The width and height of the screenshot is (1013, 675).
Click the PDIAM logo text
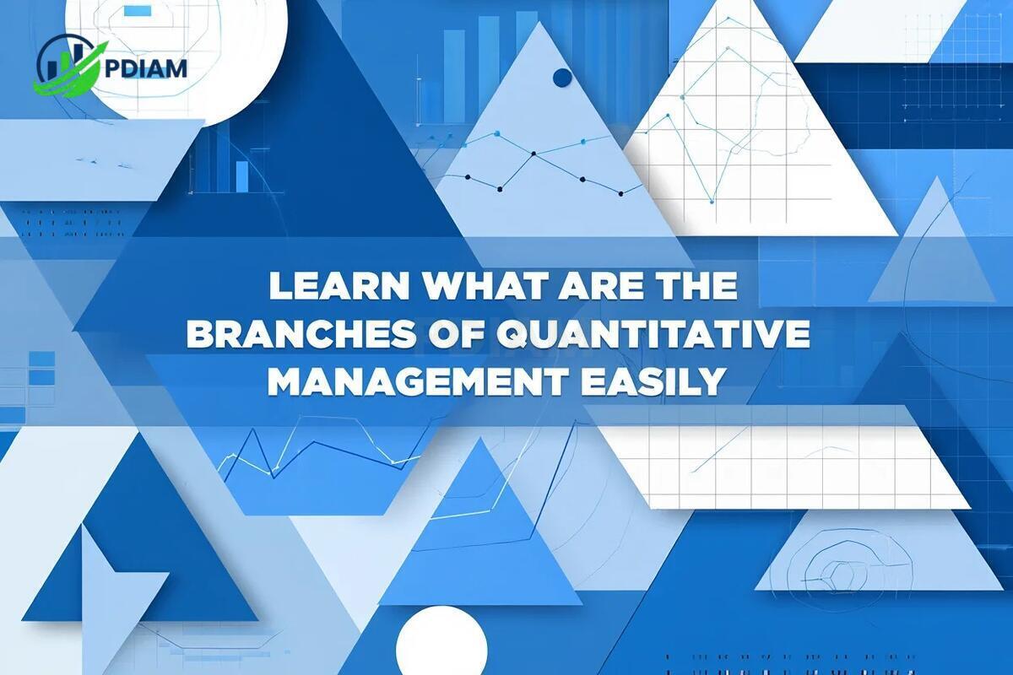point(145,70)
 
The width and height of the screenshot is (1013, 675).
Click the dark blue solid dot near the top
point(562,78)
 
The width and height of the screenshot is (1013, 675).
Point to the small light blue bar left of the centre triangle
point(242,177)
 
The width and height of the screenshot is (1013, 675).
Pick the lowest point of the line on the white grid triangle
point(712,202)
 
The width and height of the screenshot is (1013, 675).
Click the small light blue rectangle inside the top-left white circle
point(137,11)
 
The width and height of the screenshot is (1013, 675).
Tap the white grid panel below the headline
point(777,456)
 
